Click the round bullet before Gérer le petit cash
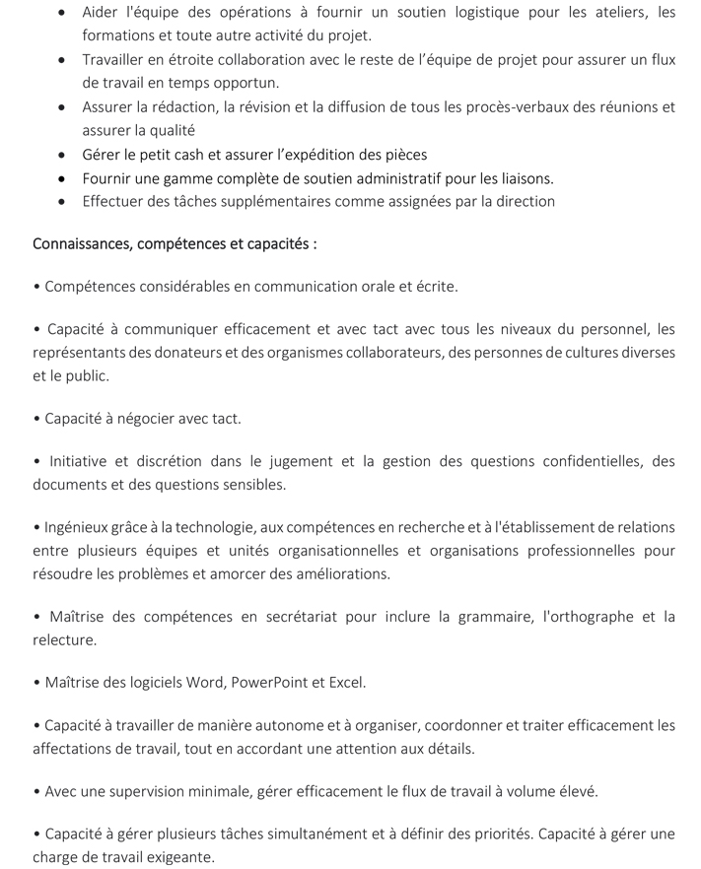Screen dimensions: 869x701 point(62,155)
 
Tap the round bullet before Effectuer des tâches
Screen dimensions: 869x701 point(62,202)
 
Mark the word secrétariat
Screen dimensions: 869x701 point(296,617)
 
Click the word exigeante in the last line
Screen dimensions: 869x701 point(178,857)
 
